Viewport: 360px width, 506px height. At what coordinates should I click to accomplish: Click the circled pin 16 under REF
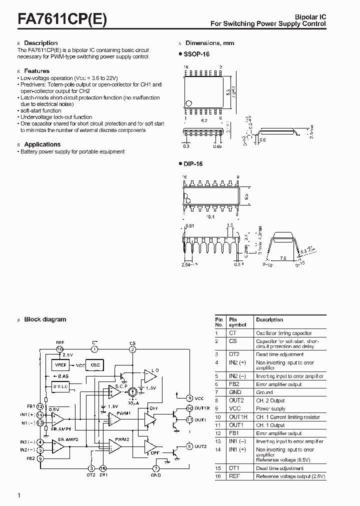coord(60,349)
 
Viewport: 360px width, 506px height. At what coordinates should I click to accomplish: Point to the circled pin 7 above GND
coord(156,468)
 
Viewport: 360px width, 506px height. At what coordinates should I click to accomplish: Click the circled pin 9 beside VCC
coord(190,398)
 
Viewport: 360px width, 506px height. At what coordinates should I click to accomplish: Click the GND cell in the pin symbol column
coord(235,392)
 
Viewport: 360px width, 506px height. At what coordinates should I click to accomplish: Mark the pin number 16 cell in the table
coord(218,476)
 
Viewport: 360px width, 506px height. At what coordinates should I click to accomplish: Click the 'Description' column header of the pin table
coord(269,319)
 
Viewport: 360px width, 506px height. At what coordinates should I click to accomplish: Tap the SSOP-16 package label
coord(195,53)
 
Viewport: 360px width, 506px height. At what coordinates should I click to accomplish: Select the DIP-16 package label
coord(193,163)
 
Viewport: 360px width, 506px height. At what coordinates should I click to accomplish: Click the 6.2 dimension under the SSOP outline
coord(204,120)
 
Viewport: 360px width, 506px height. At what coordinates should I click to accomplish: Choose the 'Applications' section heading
coord(42,144)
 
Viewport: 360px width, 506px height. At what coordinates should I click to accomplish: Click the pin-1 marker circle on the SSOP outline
coord(188,103)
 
